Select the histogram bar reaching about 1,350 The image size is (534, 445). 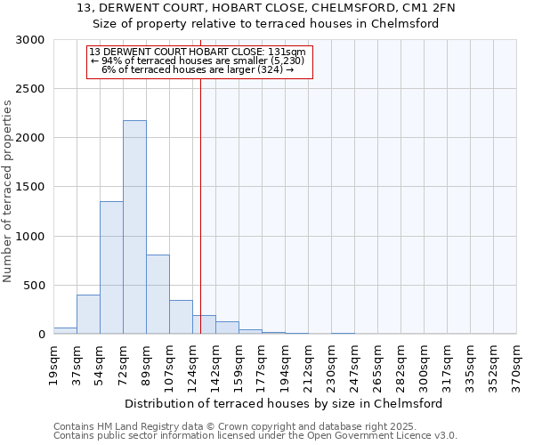click(111, 267)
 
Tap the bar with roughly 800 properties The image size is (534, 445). click(158, 294)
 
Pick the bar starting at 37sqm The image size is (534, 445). click(88, 314)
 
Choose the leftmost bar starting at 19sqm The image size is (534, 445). click(65, 330)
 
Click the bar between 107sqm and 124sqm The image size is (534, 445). click(181, 317)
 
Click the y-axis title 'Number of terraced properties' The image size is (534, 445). click(8, 191)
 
